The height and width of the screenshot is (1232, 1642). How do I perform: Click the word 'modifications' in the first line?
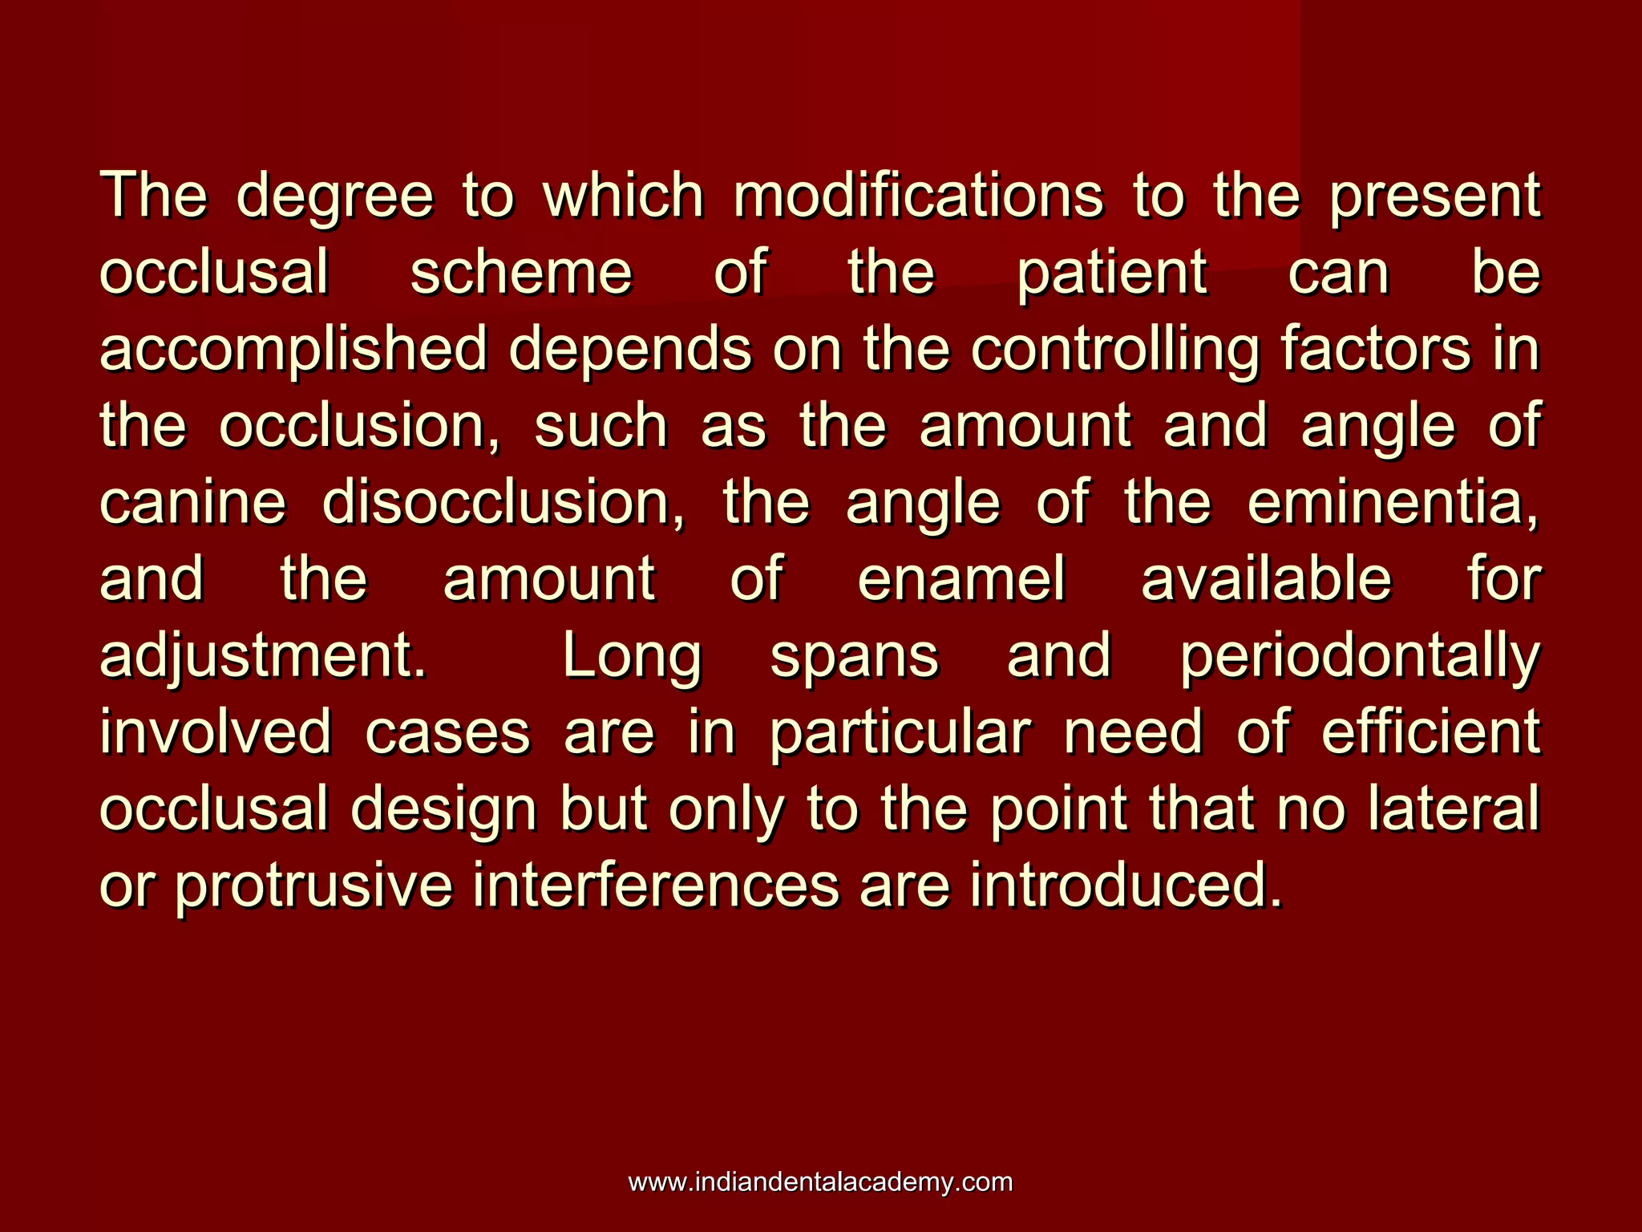(x=918, y=196)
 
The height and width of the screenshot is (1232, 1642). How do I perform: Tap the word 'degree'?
(x=334, y=197)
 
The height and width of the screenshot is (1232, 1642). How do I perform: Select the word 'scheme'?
(x=521, y=273)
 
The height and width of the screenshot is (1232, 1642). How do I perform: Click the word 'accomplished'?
(x=293, y=351)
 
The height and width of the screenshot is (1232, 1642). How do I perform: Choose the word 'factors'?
(x=1376, y=349)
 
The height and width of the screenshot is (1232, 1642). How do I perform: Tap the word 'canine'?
(x=192, y=503)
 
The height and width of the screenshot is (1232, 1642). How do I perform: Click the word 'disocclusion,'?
(x=504, y=503)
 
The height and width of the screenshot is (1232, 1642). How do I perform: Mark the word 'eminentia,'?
(x=1393, y=503)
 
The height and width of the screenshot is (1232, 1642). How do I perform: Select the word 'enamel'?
(x=961, y=579)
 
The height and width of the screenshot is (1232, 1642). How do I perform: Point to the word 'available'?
(x=1266, y=579)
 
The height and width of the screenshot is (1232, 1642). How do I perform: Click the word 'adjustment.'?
(x=263, y=657)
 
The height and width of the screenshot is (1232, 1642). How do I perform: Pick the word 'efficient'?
(x=1430, y=732)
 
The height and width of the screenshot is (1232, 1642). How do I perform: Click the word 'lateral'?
(x=1454, y=809)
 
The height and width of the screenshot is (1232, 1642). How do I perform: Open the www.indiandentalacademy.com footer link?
(x=820, y=1182)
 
